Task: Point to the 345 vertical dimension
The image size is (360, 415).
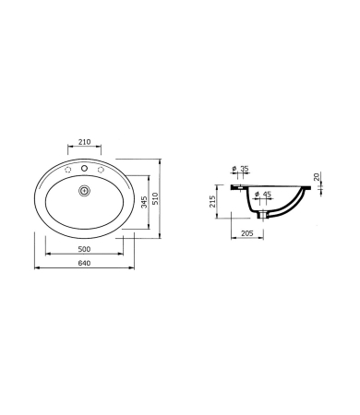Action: (143, 203)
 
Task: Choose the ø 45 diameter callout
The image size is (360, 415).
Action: (262, 194)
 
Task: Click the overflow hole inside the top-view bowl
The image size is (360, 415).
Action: (85, 191)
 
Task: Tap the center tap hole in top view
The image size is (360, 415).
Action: (85, 169)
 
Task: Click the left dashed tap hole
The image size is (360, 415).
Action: (66, 172)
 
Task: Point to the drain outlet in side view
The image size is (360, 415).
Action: (266, 217)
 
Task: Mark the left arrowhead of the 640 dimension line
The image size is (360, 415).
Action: (36, 269)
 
